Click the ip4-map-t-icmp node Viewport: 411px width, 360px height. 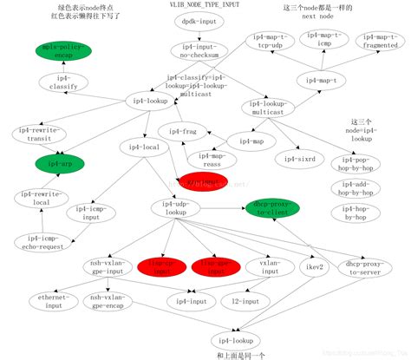pyautogui.click(x=323, y=40)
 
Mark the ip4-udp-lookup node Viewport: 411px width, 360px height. pyautogui.click(x=175, y=208)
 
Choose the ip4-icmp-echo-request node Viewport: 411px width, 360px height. pyautogui.click(x=42, y=240)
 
